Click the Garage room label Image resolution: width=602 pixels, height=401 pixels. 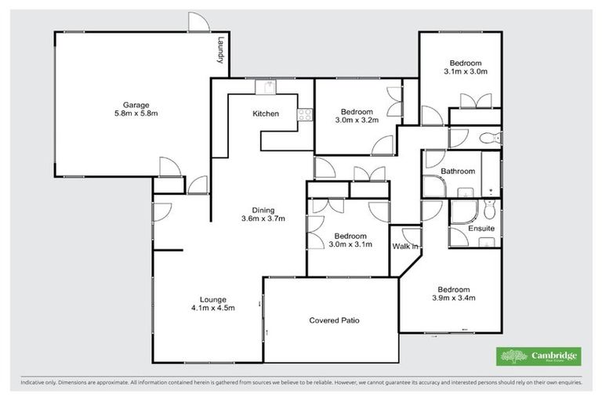click(135, 105)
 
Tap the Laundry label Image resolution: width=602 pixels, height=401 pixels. click(222, 52)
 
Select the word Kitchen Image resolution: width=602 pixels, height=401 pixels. click(265, 114)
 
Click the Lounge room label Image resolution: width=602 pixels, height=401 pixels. click(212, 298)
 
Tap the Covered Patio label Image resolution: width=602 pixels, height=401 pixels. click(334, 320)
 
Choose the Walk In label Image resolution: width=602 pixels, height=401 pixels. click(404, 247)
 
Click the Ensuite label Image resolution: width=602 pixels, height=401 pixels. click(481, 229)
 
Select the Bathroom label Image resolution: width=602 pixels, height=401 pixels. click(457, 171)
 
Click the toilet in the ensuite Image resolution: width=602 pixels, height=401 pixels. click(490, 209)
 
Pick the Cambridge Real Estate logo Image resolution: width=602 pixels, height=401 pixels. click(539, 356)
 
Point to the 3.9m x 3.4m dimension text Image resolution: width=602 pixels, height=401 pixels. click(454, 298)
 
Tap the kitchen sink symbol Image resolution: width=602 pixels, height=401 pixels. click(269, 87)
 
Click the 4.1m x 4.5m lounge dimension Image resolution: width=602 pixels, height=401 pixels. click(212, 308)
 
